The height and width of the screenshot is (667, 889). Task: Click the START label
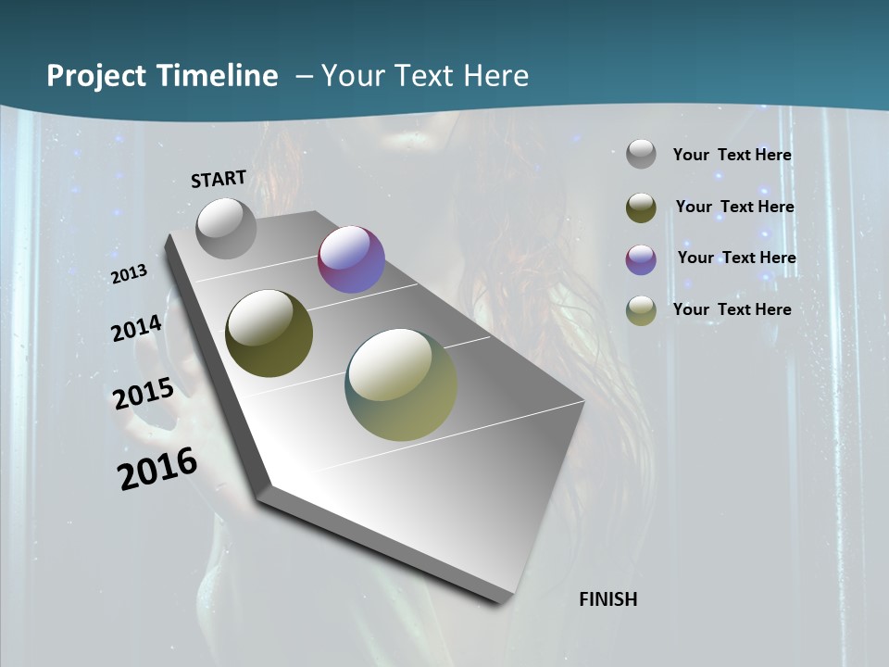[219, 179]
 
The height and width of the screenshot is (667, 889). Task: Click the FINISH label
[607, 599]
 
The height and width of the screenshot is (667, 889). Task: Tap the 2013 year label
[130, 274]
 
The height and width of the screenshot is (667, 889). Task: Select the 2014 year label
[137, 328]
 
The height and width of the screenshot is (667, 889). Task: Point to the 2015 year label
[144, 395]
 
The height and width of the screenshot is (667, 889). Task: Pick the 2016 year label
[157, 469]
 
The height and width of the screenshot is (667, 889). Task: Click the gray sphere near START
[227, 228]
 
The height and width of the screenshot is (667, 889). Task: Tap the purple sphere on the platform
[351, 259]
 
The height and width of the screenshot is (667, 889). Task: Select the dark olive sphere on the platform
[269, 333]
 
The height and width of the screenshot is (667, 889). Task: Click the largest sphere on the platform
[401, 384]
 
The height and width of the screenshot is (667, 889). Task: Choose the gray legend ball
[641, 154]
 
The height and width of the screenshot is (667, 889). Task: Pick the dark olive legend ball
[641, 208]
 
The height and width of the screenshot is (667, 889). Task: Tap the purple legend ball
[641, 259]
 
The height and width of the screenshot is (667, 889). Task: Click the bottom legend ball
[641, 310]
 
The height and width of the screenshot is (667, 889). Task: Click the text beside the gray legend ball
[732, 155]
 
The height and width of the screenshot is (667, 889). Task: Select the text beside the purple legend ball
[736, 258]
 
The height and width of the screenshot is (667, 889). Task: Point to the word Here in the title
[495, 76]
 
